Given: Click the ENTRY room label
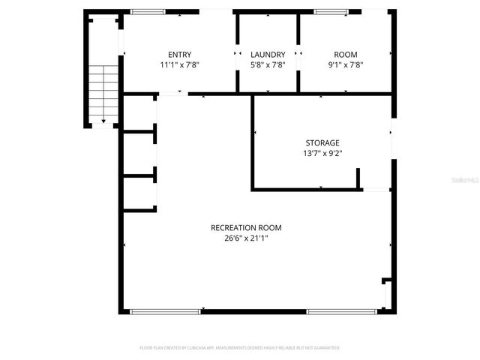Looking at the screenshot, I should [x=179, y=54].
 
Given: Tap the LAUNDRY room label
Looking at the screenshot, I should [x=268, y=54].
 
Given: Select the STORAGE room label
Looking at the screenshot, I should [x=322, y=142].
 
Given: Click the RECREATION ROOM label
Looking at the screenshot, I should [x=246, y=228].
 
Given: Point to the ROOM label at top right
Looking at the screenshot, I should [x=346, y=54].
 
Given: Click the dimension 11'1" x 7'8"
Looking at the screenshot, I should [x=179, y=65].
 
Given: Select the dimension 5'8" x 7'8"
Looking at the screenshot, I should [x=268, y=65].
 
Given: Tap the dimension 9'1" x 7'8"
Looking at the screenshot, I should [x=346, y=65].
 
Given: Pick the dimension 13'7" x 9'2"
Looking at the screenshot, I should [x=322, y=154].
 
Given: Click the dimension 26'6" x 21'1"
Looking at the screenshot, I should [x=246, y=239].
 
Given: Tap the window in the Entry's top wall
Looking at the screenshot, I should [x=148, y=11].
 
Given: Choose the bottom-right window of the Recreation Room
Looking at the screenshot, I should [x=331, y=310].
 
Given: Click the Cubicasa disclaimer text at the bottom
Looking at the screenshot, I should [x=240, y=348].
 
